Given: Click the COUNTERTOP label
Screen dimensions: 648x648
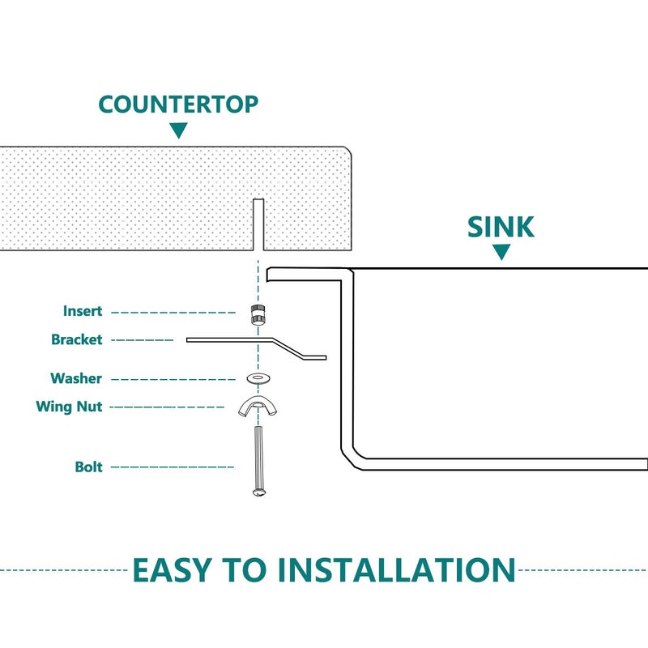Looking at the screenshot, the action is [x=178, y=104].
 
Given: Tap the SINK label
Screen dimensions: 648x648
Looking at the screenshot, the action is [x=501, y=227].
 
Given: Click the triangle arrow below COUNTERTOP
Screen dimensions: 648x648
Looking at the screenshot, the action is [x=178, y=130].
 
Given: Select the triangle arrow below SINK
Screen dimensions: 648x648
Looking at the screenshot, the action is [x=501, y=252].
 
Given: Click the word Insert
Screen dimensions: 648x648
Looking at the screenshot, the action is [x=83, y=311].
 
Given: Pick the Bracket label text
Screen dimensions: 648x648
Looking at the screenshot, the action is [x=76, y=339].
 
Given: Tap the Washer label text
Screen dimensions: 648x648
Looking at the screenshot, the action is [x=76, y=378].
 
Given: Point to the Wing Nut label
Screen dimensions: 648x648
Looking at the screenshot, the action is [x=69, y=407].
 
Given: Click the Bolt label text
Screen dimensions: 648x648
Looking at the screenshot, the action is [x=88, y=467].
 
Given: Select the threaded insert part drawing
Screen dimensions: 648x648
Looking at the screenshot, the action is [x=258, y=314].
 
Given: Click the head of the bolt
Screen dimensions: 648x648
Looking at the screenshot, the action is [x=258, y=492].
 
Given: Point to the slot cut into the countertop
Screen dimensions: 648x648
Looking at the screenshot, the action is [x=258, y=224].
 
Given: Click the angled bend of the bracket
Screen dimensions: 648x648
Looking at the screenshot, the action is [x=288, y=348].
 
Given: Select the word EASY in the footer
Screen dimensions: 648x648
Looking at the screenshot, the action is [x=172, y=570].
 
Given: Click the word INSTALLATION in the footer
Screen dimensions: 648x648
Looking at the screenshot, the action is [x=397, y=570].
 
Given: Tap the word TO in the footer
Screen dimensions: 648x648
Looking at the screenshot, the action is [x=245, y=570].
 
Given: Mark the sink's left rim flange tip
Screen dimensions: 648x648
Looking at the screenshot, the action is [x=267, y=275].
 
